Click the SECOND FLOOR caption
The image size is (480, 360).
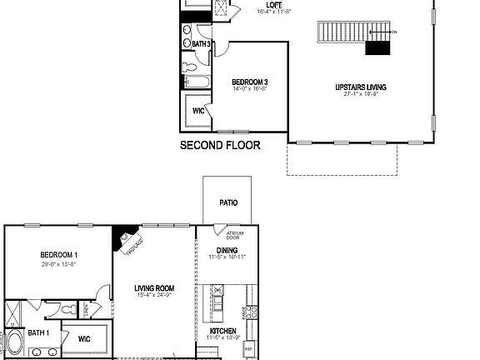[x=220, y=145]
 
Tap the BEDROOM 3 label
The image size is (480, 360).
[x=250, y=81]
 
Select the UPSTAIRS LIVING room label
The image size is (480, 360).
[x=360, y=87]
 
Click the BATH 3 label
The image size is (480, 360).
[x=201, y=43]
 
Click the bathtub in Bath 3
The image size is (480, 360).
[x=197, y=82]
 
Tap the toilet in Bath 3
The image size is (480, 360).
[x=188, y=65]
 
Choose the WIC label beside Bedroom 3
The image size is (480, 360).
[x=199, y=110]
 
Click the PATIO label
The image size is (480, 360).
[x=228, y=202]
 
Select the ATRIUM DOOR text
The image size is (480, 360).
[x=222, y=236]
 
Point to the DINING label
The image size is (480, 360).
[x=227, y=249]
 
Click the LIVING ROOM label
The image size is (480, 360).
[x=153, y=289]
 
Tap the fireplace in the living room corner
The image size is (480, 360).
[x=126, y=239]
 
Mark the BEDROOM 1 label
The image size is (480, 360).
[x=58, y=255]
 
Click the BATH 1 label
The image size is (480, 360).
[x=38, y=333]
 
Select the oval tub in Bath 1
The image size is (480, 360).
[x=16, y=344]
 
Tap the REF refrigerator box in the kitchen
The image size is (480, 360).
[x=248, y=348]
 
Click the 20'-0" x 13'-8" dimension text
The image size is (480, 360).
[x=58, y=264]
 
